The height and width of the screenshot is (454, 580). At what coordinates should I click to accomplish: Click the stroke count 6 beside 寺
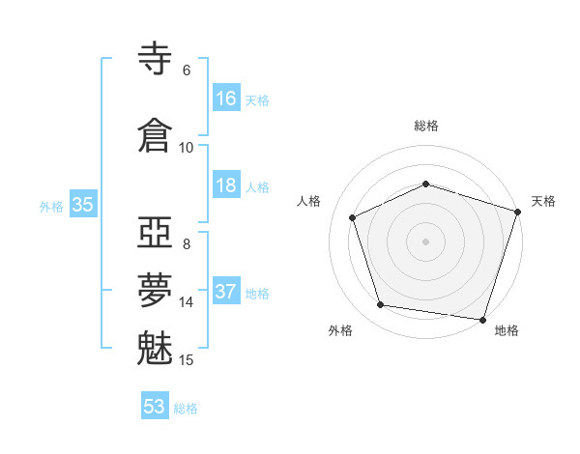(x=187, y=71)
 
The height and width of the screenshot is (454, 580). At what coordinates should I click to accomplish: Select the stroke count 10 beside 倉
(x=187, y=148)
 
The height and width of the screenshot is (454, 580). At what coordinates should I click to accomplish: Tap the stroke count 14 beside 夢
(x=187, y=302)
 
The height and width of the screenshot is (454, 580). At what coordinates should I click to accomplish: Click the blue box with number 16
(x=226, y=99)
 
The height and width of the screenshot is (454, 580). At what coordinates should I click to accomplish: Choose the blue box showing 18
(x=226, y=185)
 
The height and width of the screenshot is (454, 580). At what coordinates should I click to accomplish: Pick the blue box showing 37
(x=226, y=292)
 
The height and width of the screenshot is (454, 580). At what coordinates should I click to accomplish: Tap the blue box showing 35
(x=82, y=205)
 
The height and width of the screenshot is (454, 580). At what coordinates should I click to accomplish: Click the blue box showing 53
(x=155, y=407)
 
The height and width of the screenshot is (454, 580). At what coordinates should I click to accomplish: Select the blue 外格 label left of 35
(x=51, y=206)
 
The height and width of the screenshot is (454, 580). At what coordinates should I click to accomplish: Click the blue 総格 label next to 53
(x=186, y=409)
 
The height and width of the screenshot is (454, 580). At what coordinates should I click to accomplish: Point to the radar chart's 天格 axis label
(x=543, y=201)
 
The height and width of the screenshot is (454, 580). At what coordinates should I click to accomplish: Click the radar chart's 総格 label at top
(x=426, y=126)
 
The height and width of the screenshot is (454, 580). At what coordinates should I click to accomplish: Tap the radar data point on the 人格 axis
(x=353, y=217)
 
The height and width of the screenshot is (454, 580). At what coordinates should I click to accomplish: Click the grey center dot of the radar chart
(x=426, y=241)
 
